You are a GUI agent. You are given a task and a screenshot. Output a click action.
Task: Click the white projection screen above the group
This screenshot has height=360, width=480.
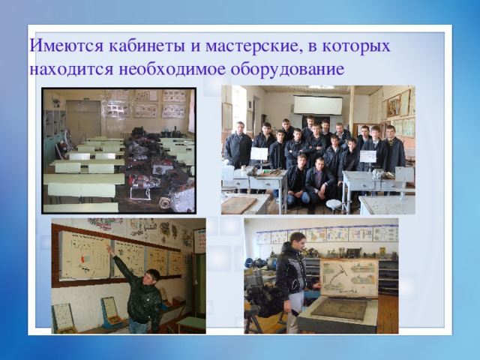(317, 104)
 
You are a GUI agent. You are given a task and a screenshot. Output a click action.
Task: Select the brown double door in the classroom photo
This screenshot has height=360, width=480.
(82, 120)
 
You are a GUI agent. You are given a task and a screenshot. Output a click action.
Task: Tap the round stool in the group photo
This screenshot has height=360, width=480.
(333, 204)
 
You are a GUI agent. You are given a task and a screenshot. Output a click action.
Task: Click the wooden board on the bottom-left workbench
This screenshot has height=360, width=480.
(238, 205)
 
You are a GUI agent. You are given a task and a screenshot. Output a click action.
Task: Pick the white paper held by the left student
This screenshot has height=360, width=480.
(259, 154)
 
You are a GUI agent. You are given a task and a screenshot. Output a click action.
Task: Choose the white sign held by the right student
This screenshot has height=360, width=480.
(367, 157)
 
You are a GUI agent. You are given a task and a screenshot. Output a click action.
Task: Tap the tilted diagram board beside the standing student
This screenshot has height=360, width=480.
(349, 278)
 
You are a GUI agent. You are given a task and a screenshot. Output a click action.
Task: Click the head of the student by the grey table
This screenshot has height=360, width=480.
(297, 241)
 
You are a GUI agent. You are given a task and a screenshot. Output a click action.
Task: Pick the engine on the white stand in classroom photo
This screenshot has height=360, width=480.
(142, 187)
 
